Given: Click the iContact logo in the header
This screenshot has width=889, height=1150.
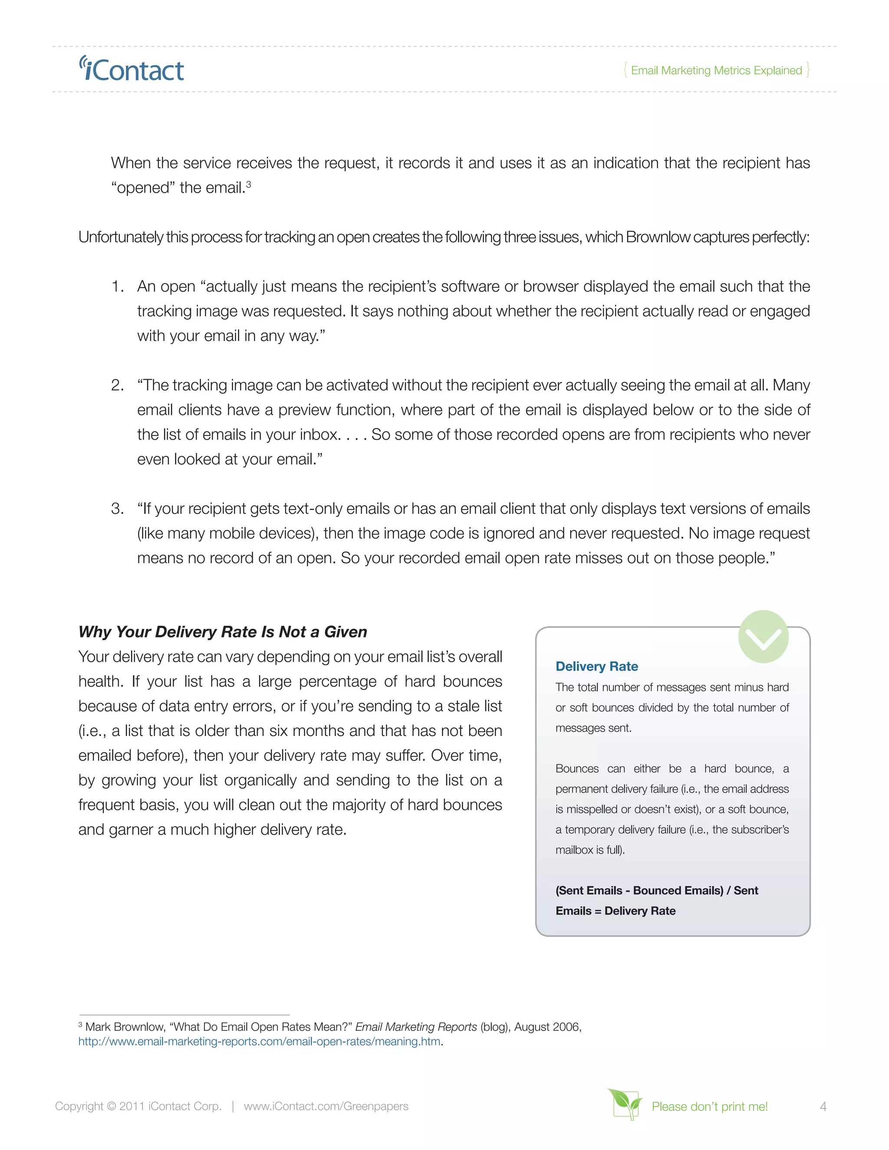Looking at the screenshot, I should [132, 70].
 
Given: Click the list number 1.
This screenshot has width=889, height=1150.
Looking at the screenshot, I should [117, 286].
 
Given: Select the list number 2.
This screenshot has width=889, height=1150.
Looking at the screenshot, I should [117, 385].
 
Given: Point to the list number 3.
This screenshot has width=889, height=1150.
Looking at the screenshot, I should [117, 509].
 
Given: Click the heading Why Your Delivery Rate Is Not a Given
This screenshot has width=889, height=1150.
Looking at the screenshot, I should [222, 632].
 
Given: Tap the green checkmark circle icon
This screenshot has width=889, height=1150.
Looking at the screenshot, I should [763, 637].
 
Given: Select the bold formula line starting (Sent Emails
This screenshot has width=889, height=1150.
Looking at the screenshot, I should [656, 890].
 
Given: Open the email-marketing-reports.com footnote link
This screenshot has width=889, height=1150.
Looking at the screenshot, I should [259, 1042].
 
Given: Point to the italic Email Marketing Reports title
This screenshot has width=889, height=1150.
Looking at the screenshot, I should [416, 1027].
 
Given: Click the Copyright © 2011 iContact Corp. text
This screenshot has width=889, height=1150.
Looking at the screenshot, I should [138, 1106].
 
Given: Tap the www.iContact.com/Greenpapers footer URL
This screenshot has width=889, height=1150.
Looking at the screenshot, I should [326, 1106].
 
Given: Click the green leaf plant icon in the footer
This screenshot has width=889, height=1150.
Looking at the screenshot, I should [625, 1104].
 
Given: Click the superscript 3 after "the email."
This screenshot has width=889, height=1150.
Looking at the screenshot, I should [249, 184].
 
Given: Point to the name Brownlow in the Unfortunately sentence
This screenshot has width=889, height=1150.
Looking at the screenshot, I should [658, 237].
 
